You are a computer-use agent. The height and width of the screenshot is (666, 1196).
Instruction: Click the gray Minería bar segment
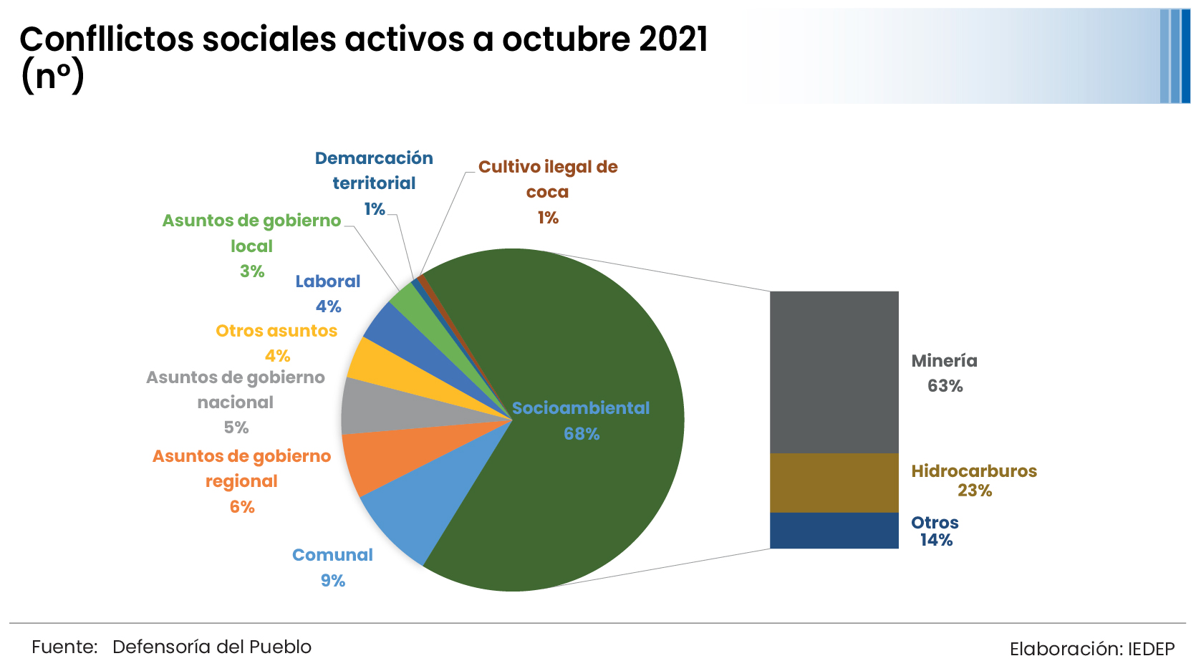point(834,372)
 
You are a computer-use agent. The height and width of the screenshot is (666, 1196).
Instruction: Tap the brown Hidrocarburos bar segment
point(834,483)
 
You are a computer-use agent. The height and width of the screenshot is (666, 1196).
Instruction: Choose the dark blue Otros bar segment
point(834,531)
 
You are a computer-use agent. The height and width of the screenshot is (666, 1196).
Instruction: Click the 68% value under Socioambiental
point(582,434)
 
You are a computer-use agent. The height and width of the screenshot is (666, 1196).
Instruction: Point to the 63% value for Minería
point(945,386)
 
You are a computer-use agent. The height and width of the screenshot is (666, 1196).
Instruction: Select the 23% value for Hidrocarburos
point(975,491)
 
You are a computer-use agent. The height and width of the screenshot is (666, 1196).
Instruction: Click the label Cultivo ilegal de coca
point(548,179)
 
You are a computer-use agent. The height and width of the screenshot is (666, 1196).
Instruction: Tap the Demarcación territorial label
point(374,170)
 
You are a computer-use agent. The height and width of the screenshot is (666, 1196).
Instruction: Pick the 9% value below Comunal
point(333,581)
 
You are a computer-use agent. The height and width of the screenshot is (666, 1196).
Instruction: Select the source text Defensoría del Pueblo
point(212,647)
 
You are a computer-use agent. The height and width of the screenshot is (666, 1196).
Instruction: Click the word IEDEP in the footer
point(1151,649)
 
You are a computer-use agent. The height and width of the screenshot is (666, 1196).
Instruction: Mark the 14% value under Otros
point(936,540)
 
